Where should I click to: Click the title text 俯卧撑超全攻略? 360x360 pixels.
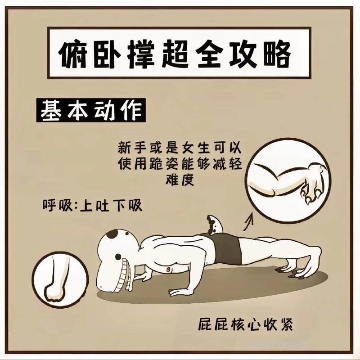click(x=180, y=55)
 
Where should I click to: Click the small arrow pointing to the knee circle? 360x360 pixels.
click(x=248, y=220)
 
